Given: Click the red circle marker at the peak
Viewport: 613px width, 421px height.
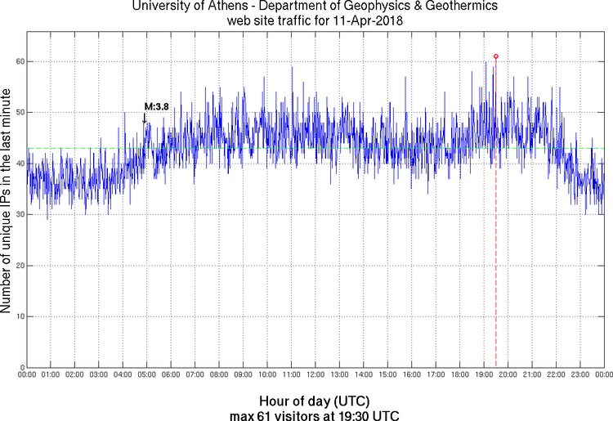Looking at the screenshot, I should (x=496, y=56).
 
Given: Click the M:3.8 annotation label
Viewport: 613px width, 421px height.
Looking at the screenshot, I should (x=156, y=106).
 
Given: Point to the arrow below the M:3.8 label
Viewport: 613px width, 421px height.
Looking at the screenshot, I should (x=145, y=118).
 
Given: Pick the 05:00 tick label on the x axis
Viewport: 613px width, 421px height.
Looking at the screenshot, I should (x=147, y=375).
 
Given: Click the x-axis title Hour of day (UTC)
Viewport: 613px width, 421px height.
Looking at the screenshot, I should (x=315, y=401).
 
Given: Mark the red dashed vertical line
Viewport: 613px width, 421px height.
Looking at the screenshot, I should (x=496, y=245).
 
